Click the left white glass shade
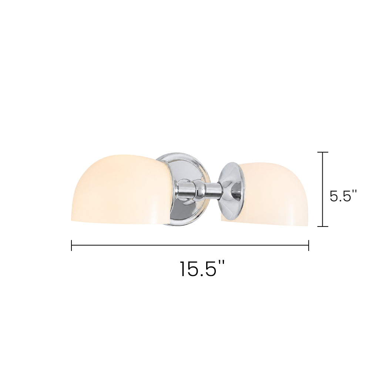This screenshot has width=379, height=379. [121, 188]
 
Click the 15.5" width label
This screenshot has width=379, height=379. [202, 269]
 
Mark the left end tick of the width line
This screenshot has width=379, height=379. [71, 245]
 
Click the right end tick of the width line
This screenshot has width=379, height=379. [308, 245]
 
